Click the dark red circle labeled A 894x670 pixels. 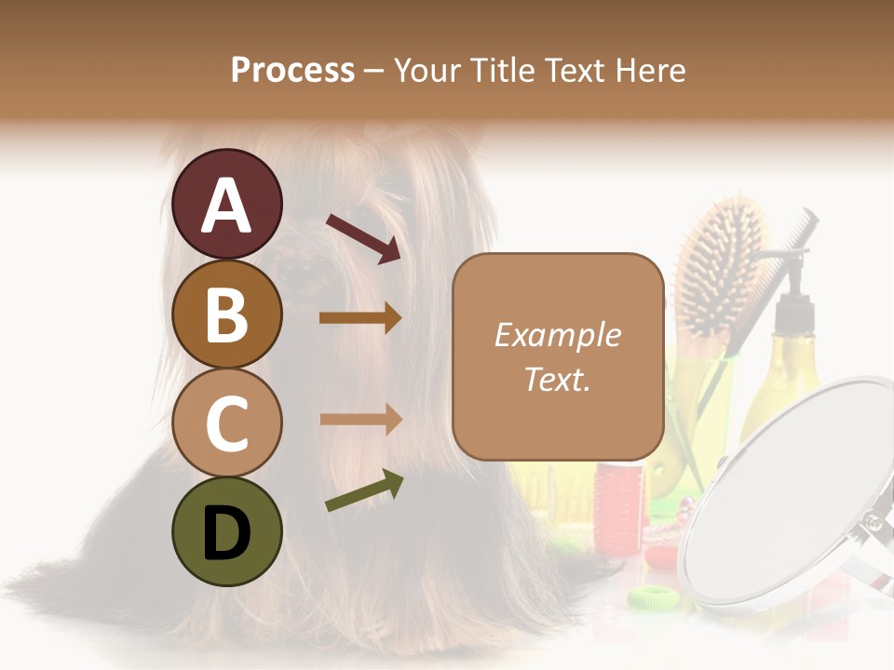[227, 204]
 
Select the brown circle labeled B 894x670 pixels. [227, 314]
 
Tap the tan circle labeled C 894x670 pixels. [227, 423]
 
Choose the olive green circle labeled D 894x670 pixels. [227, 531]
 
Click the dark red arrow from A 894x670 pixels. [363, 238]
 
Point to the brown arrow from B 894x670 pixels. [360, 318]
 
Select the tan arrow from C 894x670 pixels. [360, 419]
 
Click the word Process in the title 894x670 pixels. [292, 71]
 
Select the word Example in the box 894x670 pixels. [557, 335]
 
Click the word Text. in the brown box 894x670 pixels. [557, 379]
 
